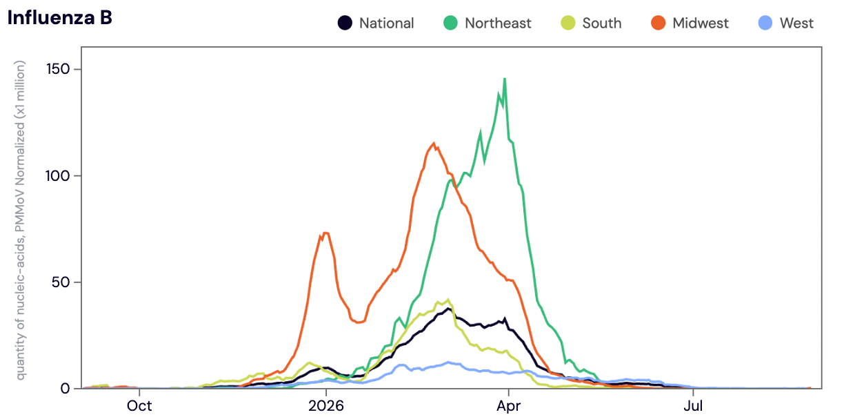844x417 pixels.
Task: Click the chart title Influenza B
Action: click(x=59, y=18)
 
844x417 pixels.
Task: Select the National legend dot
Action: click(x=345, y=23)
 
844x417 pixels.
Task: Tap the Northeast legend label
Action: click(x=498, y=23)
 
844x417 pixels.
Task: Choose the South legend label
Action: click(x=602, y=23)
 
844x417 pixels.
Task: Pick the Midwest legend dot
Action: click(x=658, y=23)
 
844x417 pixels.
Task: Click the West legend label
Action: click(x=796, y=23)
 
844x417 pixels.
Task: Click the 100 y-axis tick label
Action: click(x=58, y=176)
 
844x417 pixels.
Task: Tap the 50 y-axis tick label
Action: click(x=61, y=282)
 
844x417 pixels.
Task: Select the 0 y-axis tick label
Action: click(x=66, y=389)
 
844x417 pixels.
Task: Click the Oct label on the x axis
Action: click(x=139, y=406)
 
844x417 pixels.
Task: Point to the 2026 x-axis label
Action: click(x=326, y=406)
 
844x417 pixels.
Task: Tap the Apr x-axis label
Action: click(x=509, y=406)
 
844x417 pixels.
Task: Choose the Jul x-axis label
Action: click(x=693, y=406)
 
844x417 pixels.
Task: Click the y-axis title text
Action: click(x=20, y=220)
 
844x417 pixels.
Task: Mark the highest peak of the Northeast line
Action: click(x=505, y=79)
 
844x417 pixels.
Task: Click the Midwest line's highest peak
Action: click(x=434, y=143)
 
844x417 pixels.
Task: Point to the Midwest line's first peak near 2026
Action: click(x=325, y=233)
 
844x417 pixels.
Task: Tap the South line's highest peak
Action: click(x=448, y=300)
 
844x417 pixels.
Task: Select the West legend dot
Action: click(x=765, y=23)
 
